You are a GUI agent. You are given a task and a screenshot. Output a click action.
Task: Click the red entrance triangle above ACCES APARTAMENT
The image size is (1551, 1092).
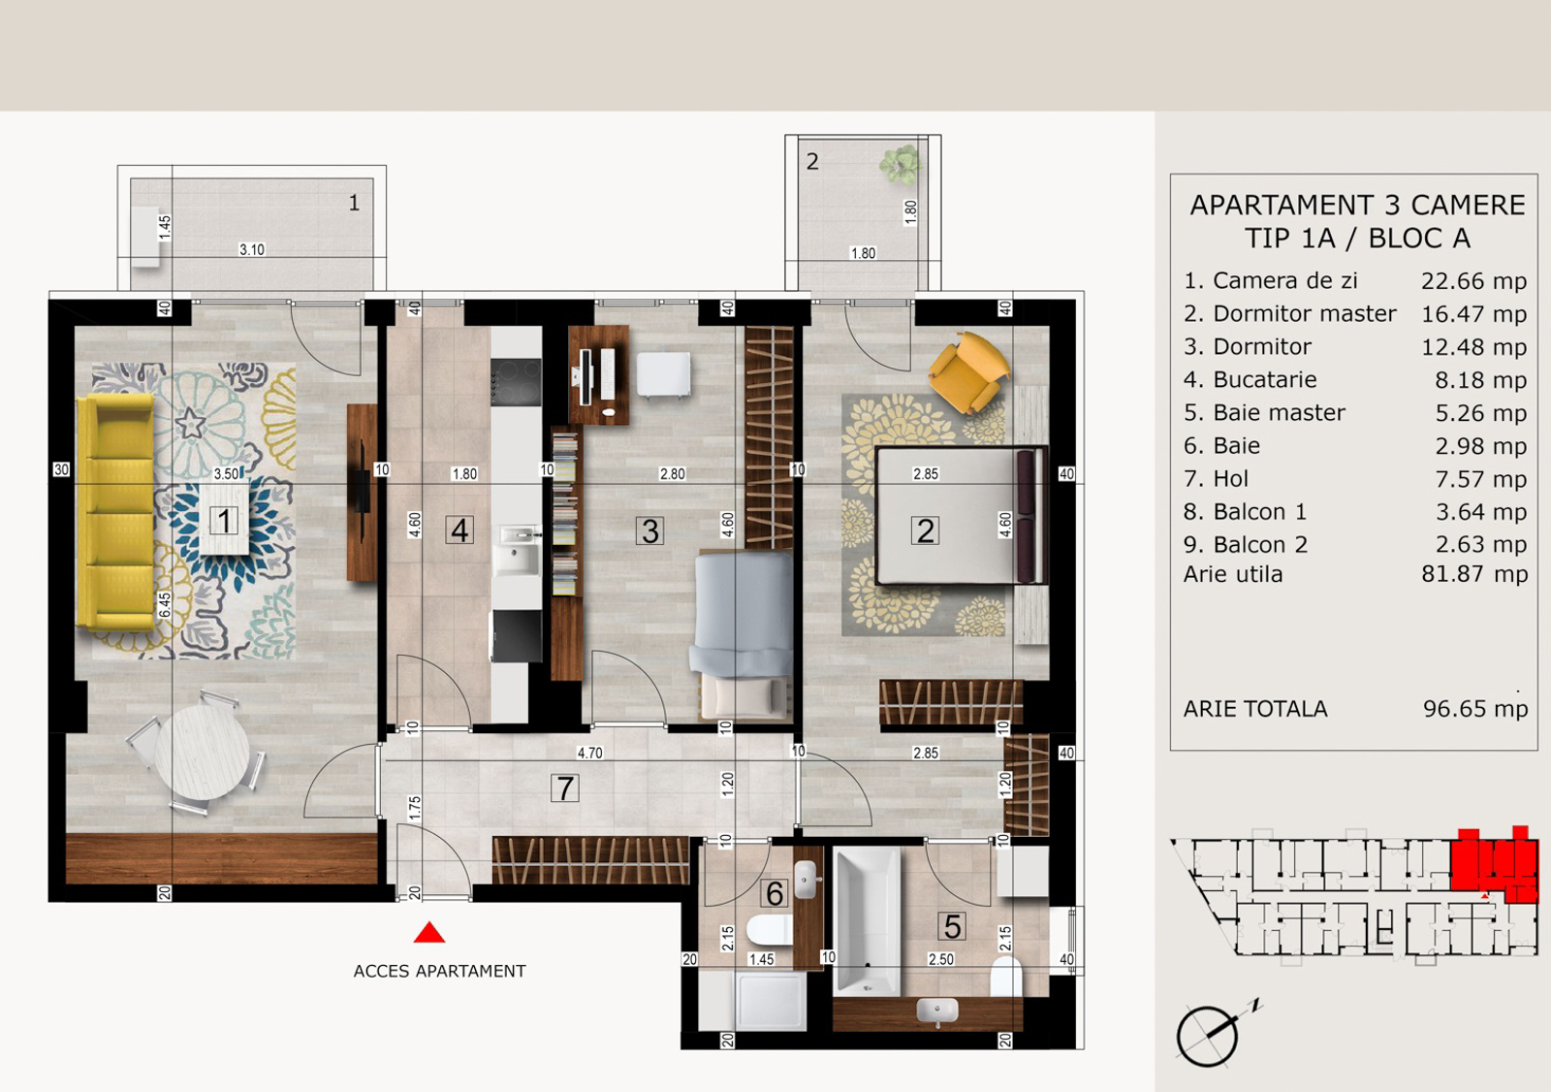click(x=429, y=933)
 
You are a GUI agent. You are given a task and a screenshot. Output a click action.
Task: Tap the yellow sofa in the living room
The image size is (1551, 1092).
click(x=115, y=513)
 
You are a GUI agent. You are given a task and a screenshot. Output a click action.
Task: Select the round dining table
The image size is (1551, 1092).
click(x=202, y=753)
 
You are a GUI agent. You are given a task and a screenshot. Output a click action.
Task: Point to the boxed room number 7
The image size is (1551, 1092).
click(x=564, y=787)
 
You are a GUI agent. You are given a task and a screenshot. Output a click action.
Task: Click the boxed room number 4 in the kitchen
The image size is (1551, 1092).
click(x=459, y=530)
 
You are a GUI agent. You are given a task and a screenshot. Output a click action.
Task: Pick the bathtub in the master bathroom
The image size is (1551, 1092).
click(x=867, y=921)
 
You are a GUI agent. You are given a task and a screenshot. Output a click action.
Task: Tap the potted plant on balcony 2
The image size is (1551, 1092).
click(x=901, y=164)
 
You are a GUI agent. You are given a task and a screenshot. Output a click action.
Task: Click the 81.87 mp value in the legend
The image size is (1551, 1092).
click(x=1474, y=574)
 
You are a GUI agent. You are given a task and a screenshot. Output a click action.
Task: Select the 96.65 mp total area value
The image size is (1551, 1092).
click(x=1474, y=709)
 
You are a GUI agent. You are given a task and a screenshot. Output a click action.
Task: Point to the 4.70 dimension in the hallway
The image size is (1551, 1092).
click(x=590, y=754)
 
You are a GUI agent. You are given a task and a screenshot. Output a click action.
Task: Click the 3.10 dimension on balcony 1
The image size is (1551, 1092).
click(x=252, y=249)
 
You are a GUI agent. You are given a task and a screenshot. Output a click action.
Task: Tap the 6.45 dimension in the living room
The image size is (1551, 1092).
click(x=165, y=605)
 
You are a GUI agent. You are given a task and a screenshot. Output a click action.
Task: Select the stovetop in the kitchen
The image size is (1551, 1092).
click(x=516, y=382)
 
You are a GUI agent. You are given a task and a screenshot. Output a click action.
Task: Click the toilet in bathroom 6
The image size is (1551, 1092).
click(x=770, y=930)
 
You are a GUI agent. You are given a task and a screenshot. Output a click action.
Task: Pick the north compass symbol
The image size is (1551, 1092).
click(x=1216, y=1032)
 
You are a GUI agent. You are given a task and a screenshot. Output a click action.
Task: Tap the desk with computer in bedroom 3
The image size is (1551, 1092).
click(x=599, y=374)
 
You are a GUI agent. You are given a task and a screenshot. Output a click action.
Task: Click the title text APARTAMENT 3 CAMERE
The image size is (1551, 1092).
click(x=1357, y=205)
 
